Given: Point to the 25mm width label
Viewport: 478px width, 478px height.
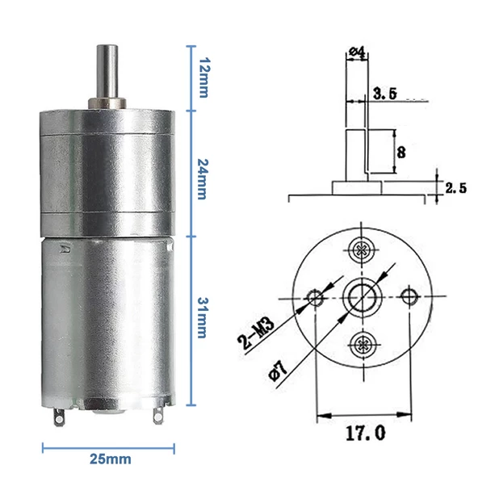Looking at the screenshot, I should pyautogui.click(x=110, y=459).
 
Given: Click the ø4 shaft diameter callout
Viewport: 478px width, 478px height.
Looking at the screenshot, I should pyautogui.click(x=356, y=53).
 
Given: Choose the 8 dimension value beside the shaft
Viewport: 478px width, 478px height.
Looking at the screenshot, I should pyautogui.click(x=401, y=150).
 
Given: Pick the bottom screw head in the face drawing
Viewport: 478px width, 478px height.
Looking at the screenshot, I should pyautogui.click(x=360, y=344).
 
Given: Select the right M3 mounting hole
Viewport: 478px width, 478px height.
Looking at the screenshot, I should pyautogui.click(x=410, y=296).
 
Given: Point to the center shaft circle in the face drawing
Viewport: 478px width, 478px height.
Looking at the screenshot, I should pyautogui.click(x=361, y=296).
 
